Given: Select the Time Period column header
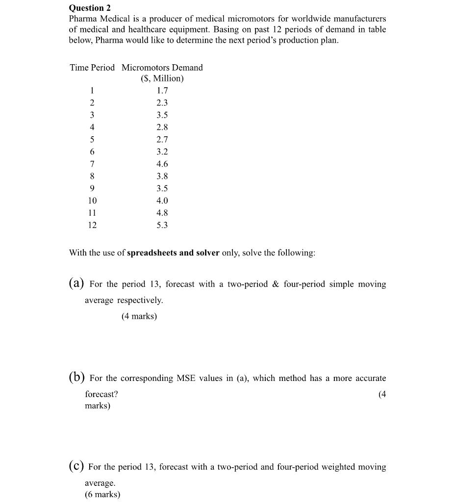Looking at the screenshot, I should coord(92,68).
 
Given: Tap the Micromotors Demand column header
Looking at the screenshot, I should coord(162,68).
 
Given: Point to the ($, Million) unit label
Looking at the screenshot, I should coord(162,78).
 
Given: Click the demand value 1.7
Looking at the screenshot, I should coord(162,91).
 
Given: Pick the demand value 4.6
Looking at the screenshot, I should coord(162,164).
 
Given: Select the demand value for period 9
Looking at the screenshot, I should coord(162,189).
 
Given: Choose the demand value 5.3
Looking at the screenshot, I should coord(162,226).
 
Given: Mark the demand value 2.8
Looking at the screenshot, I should coord(162,127).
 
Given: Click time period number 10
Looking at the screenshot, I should coord(92,201).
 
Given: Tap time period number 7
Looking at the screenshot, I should coord(92,164).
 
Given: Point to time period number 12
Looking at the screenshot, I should coord(92,226).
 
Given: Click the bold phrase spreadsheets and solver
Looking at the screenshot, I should coord(173,253).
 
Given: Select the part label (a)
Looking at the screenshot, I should coord(76,284).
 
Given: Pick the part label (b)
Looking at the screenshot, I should coord(76,378).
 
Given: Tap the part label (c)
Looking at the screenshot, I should coord(76,467).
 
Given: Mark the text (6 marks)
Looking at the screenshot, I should coord(102,494).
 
